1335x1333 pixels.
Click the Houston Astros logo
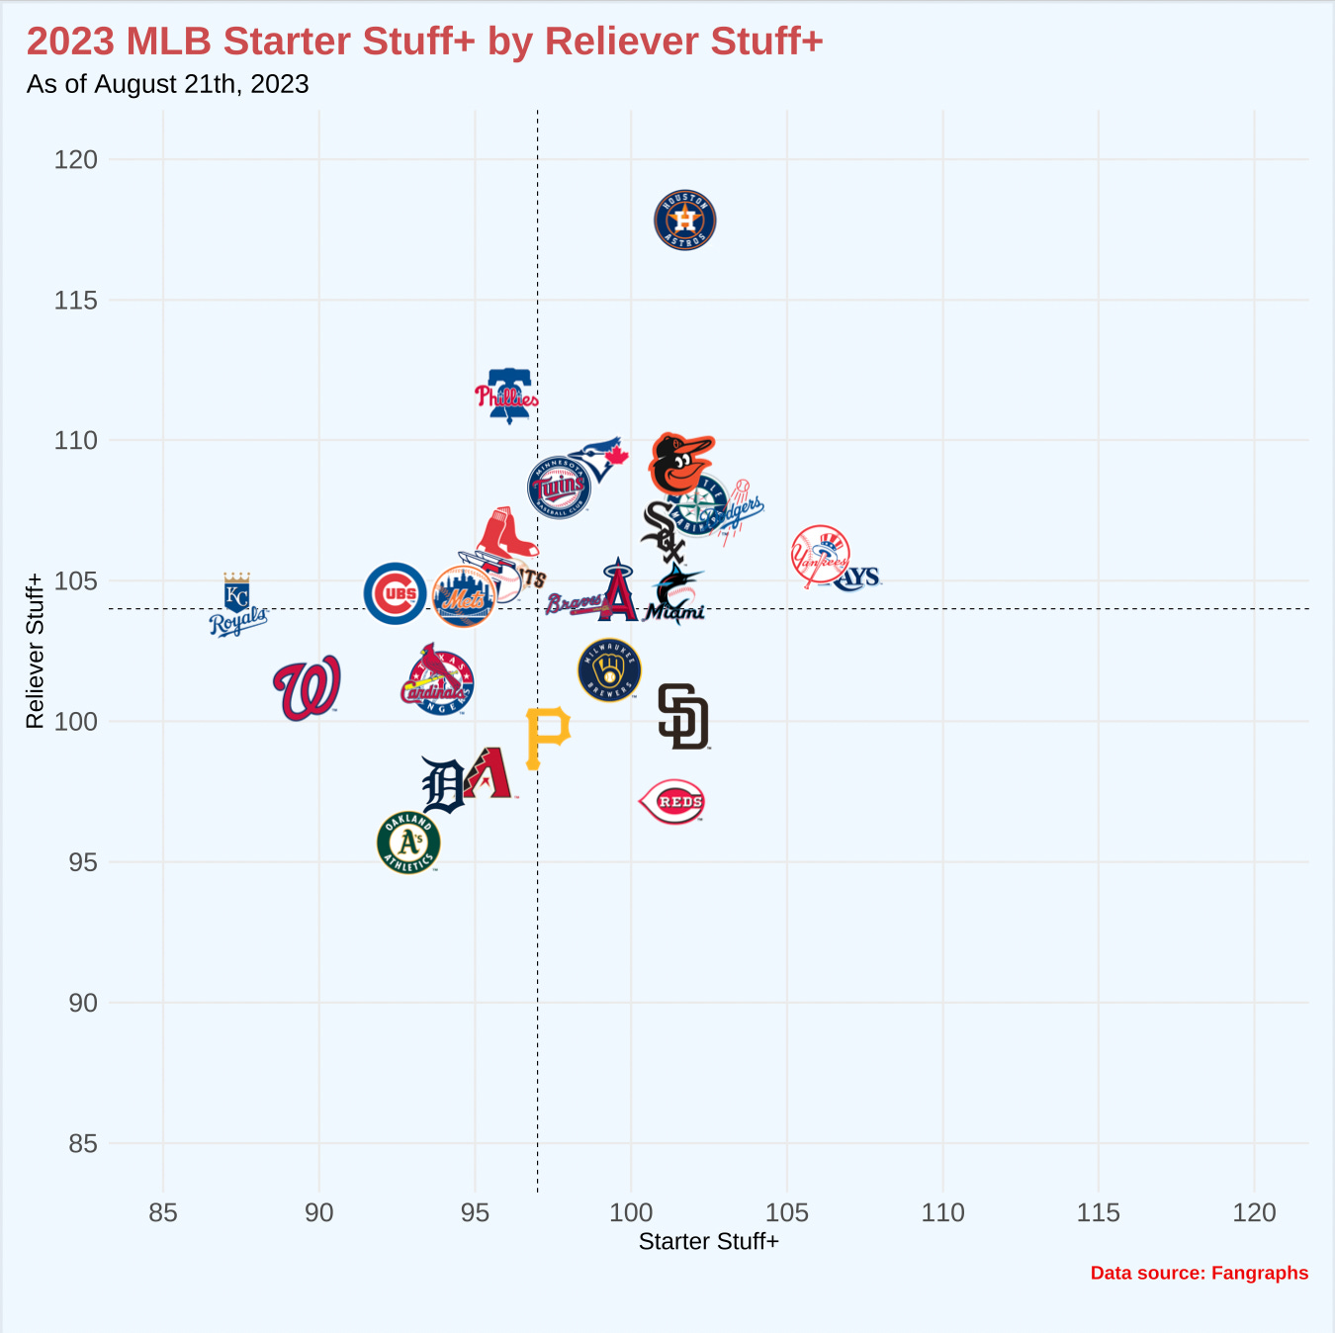pos(684,220)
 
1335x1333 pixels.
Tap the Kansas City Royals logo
pos(237,605)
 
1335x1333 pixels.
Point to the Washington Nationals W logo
pos(308,687)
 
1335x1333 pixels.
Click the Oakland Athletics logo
pos(408,843)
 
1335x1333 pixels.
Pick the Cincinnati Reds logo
pos(673,802)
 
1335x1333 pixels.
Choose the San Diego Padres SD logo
pos(683,717)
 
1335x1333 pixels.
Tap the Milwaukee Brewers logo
pos(609,670)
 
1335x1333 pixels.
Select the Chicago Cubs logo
pos(395,593)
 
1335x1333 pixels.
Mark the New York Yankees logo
pos(820,556)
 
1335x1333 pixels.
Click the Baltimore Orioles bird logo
pos(680,463)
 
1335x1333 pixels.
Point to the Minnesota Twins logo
pos(560,487)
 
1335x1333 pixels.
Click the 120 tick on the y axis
pos(76,160)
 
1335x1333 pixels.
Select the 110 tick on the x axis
pos(942,1212)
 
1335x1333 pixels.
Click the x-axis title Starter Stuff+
pos(708,1242)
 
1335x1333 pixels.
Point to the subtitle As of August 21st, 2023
pos(168,84)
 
